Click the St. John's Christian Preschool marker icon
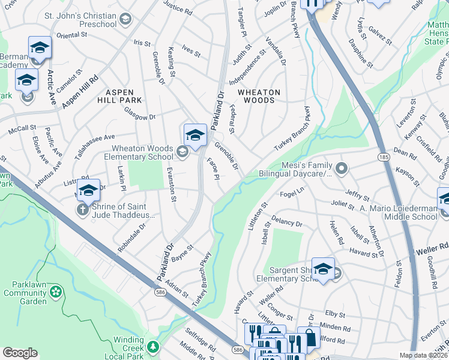pos(125,20)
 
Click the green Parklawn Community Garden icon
pos(56,292)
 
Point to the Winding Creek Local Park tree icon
pos(154,346)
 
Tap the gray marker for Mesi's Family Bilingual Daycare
pos(342,168)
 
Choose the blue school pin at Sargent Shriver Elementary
pos(323,268)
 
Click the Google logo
pos(20,353)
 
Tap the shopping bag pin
pos(309,338)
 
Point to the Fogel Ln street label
pos(293,194)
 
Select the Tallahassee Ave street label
pos(94,146)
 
